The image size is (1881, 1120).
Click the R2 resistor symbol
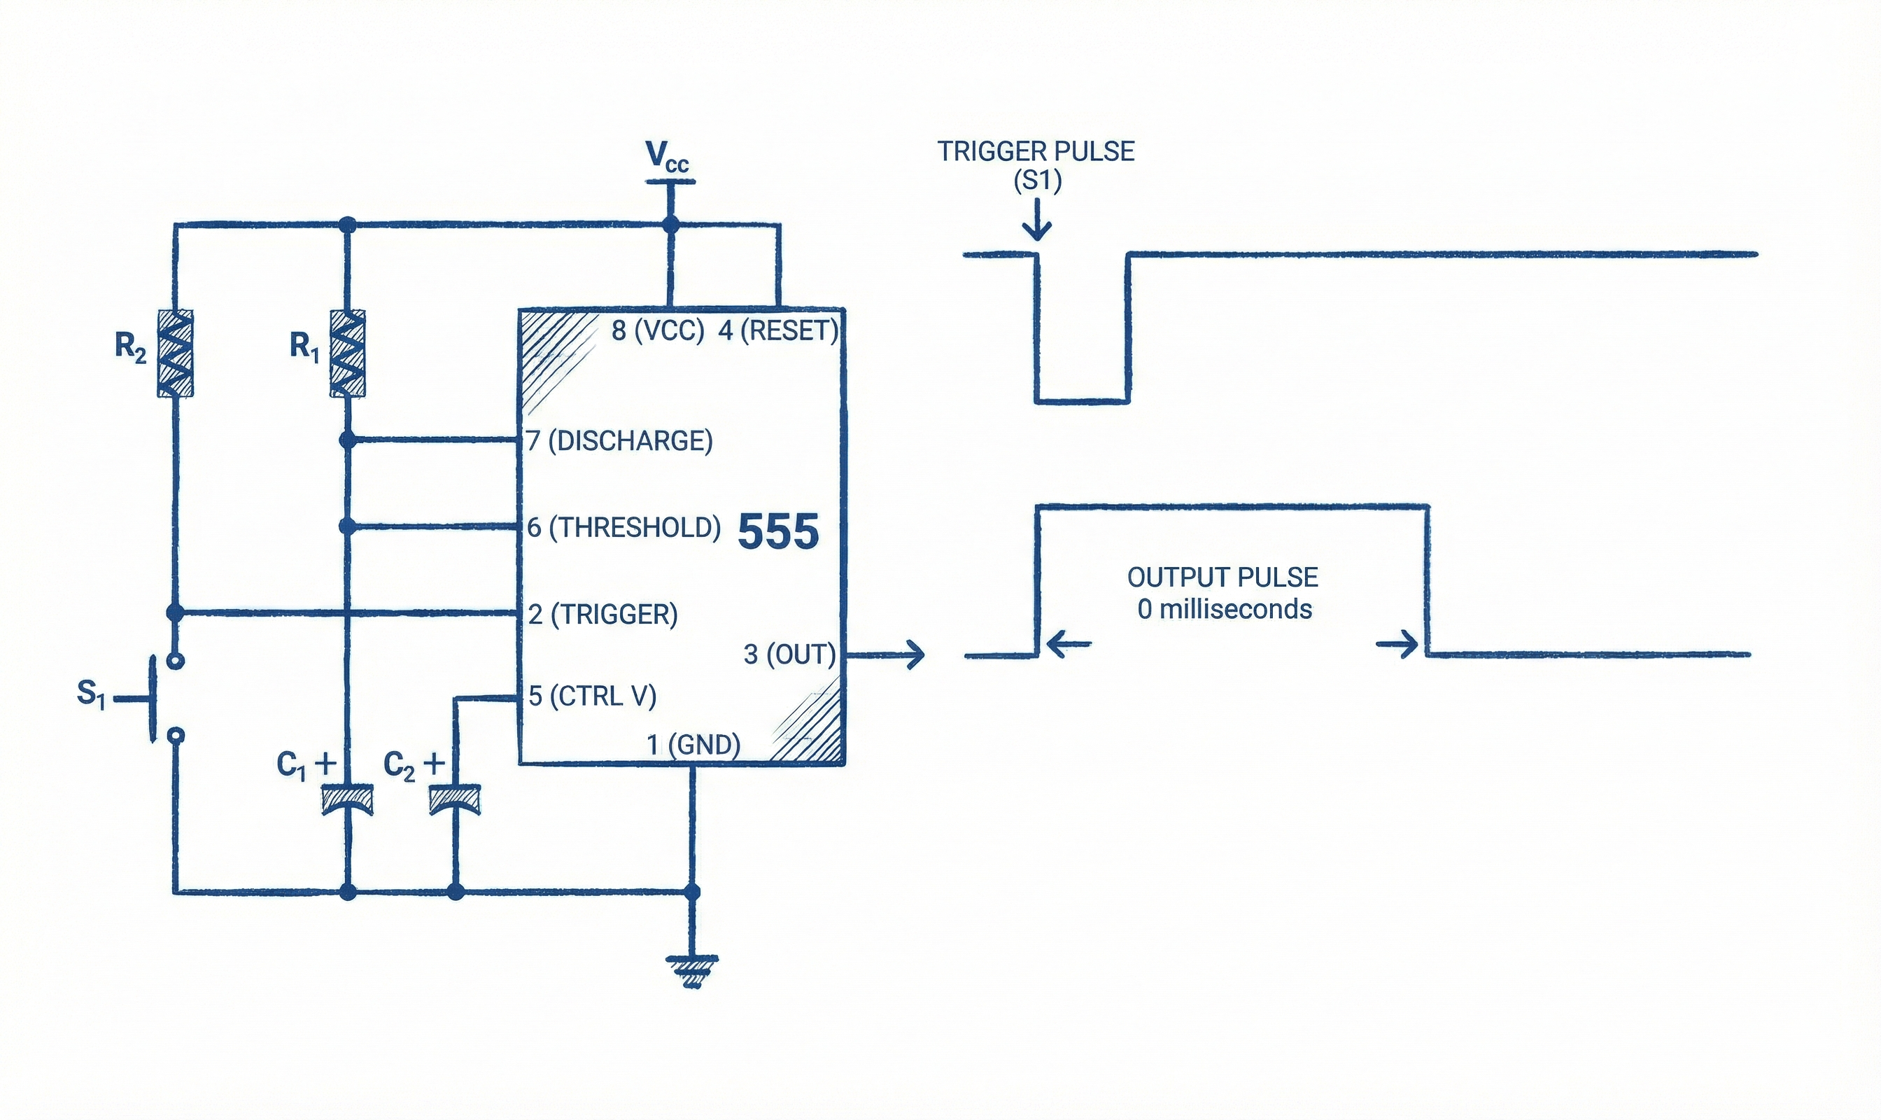pos(174,353)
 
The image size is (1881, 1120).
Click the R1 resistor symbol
pos(347,353)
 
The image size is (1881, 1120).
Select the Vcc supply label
pos(668,157)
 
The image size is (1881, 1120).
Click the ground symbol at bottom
pos(691,972)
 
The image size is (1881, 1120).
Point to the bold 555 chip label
pos(778,531)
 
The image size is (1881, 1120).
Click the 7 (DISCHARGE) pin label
pos(619,441)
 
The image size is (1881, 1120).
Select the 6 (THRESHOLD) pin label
pos(624,528)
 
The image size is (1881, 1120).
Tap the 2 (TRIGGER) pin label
pos(603,615)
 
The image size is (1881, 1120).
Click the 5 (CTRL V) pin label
pos(592,696)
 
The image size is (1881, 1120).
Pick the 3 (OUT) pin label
pos(789,654)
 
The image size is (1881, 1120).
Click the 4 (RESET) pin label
pos(778,330)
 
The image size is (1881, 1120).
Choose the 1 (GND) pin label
pos(693,745)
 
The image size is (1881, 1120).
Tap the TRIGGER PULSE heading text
pos(1036,152)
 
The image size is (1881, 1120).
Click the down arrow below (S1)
pos(1038,220)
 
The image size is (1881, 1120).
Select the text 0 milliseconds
pos(1225,609)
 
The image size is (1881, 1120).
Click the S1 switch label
pos(90,694)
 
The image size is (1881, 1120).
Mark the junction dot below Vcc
pos(669,224)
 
